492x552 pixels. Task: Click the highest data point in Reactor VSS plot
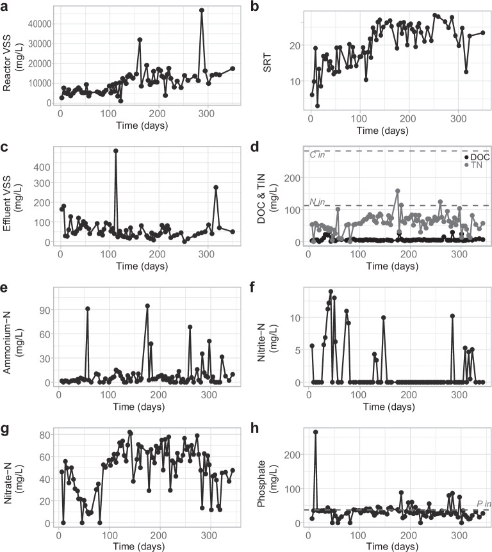tap(202, 10)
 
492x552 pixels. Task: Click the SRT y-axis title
tap(267, 63)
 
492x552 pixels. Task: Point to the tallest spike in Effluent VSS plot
tap(115, 150)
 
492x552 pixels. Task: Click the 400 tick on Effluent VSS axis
tap(42, 167)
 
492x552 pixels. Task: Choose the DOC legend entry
tap(477, 157)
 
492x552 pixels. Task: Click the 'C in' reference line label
tap(317, 154)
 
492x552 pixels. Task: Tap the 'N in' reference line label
tap(317, 202)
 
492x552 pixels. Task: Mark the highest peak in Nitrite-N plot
tap(331, 291)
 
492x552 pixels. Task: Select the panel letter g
tap(4, 430)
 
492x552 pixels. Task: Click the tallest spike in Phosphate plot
tap(316, 432)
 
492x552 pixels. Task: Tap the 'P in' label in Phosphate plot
tap(484, 504)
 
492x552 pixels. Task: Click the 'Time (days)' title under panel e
tap(139, 407)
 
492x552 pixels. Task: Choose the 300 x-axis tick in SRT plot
tap(458, 118)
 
